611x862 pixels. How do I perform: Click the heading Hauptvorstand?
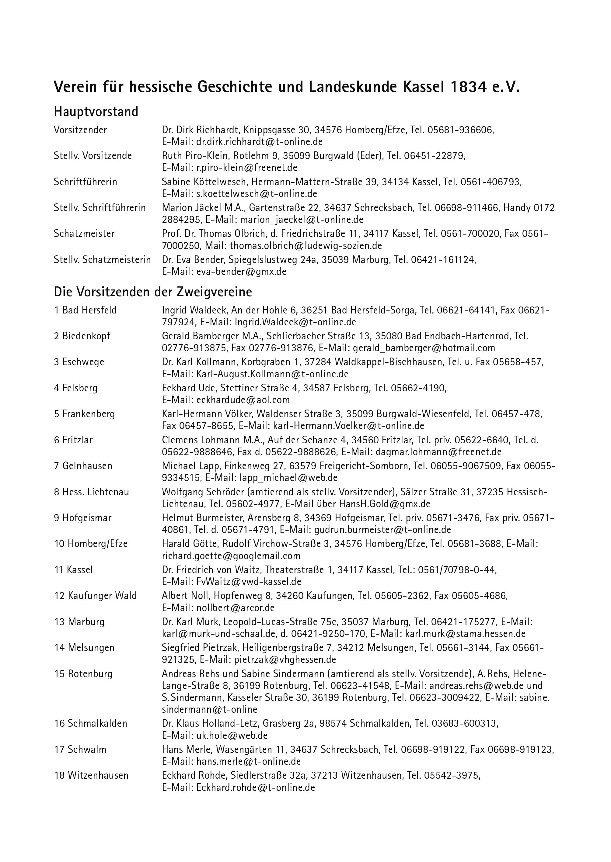(96, 112)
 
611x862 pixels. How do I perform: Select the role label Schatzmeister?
(84, 234)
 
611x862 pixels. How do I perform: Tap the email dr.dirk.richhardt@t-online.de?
(259, 142)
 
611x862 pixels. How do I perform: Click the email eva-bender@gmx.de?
(241, 272)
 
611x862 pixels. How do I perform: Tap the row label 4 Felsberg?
(76, 388)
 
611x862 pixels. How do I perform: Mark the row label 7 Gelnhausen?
(83, 466)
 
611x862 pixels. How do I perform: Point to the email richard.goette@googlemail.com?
(231, 556)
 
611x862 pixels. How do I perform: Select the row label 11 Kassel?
(73, 570)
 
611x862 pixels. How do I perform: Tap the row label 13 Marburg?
(79, 622)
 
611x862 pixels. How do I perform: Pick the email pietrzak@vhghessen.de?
(285, 659)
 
